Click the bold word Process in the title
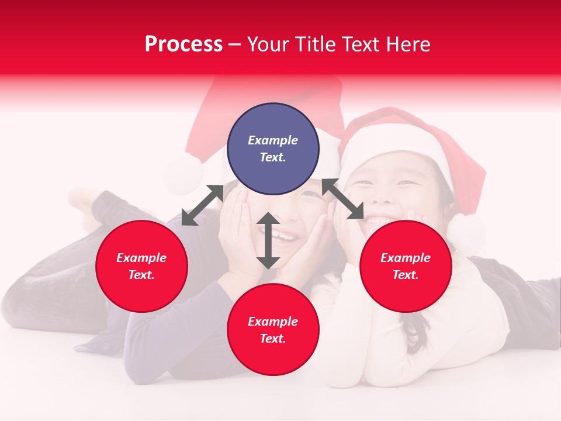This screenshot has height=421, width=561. [x=183, y=44]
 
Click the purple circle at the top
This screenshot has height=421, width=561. [x=273, y=149]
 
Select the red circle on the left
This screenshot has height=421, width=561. [x=141, y=266]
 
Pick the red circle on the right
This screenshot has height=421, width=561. [x=406, y=266]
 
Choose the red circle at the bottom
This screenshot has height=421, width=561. [x=273, y=330]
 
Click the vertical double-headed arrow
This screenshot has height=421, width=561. [x=268, y=241]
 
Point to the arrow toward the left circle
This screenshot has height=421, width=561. [x=202, y=205]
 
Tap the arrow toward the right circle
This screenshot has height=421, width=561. [x=343, y=199]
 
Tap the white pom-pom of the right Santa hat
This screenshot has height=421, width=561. [x=466, y=232]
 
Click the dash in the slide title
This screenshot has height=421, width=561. [x=235, y=45]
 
